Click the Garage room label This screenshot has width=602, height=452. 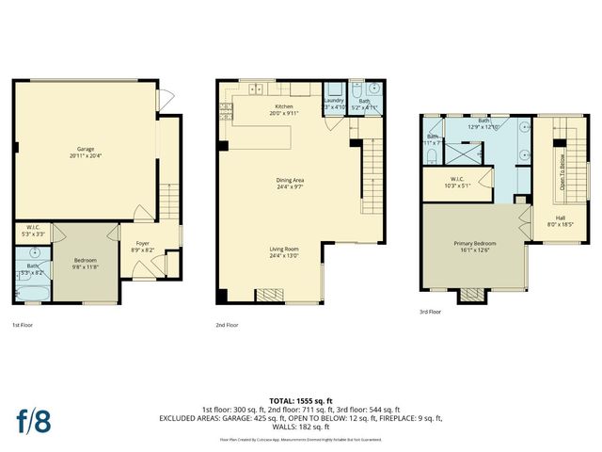[x=83, y=152]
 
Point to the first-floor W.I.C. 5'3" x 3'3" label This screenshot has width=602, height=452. [x=33, y=231]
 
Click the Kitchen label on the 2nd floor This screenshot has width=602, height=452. [x=283, y=109]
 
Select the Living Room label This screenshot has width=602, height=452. [x=284, y=251]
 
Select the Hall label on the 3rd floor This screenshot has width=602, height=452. [x=561, y=221]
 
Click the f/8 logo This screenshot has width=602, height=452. [x=33, y=420]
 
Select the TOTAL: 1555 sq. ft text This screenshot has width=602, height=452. [x=300, y=400]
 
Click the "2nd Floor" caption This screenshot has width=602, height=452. [x=227, y=325]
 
